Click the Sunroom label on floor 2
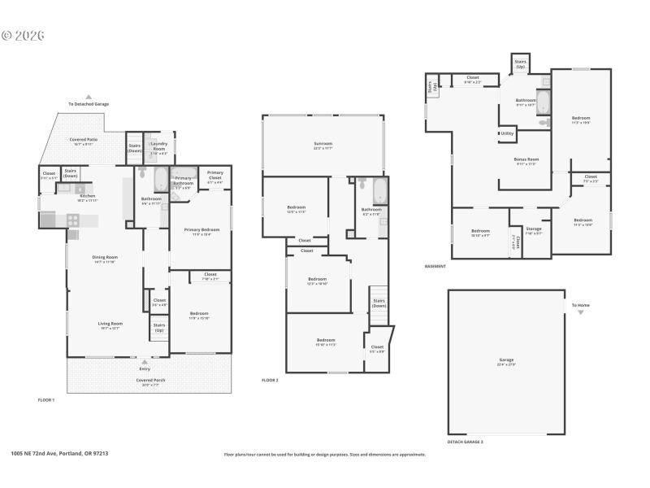pos(323,143)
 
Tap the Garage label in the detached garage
pos(506,359)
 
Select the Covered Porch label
pos(145,380)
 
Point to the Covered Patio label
pos(83,139)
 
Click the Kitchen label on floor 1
pos(87,195)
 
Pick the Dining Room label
pos(105,258)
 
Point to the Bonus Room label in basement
pos(526,159)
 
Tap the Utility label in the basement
pos(507,133)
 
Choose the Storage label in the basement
pos(533,229)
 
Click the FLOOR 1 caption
pos(47,399)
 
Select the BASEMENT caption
pos(435,266)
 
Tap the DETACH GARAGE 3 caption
pos(465,442)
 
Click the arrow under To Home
pos(580,312)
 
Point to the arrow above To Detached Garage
pos(89,96)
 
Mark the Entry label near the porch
pos(145,368)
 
